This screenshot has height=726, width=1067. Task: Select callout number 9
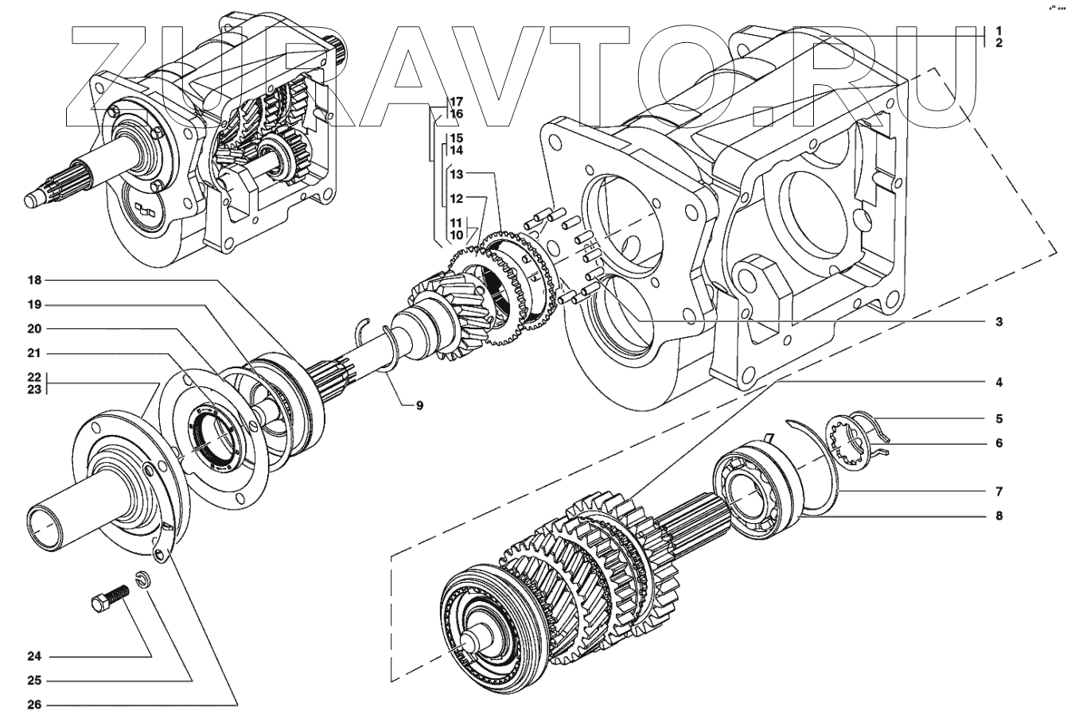(418, 405)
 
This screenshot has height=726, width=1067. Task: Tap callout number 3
(998, 322)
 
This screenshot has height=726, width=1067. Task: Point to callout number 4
(998, 382)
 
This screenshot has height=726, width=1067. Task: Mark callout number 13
(455, 173)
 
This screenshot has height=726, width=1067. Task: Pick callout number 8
(998, 516)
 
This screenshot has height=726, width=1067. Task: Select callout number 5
(998, 418)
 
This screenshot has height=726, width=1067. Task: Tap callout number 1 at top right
(998, 30)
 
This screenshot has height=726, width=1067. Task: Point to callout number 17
(455, 102)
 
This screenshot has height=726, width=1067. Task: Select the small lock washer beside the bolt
(141, 579)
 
